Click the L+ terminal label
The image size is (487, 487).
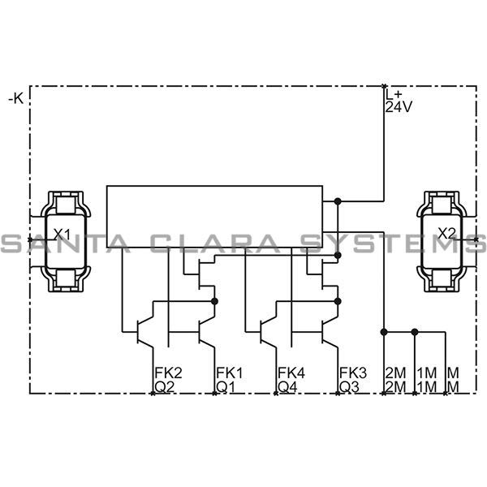click(394, 94)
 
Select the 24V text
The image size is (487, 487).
click(399, 107)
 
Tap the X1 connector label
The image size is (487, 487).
click(62, 234)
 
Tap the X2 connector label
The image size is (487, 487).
click(446, 234)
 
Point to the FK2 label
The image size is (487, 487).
click(168, 373)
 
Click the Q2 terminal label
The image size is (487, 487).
click(165, 386)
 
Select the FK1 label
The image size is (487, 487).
click(230, 373)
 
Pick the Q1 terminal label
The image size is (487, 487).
click(226, 386)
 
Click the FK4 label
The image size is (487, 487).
click(291, 373)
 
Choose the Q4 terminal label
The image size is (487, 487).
click(288, 386)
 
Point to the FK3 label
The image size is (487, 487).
click(353, 373)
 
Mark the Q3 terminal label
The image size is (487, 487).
click(350, 386)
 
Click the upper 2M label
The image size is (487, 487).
click(395, 373)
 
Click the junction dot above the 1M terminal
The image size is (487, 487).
click(415, 331)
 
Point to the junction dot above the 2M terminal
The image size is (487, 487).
click(384, 331)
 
